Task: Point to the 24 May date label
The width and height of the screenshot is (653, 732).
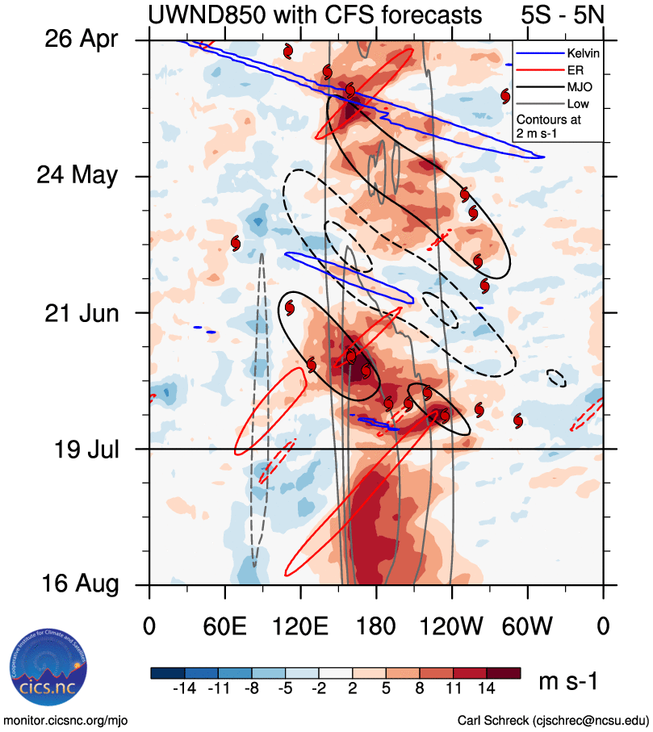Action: pyautogui.click(x=79, y=175)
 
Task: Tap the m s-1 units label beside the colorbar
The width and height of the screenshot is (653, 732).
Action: pyautogui.click(x=568, y=682)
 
